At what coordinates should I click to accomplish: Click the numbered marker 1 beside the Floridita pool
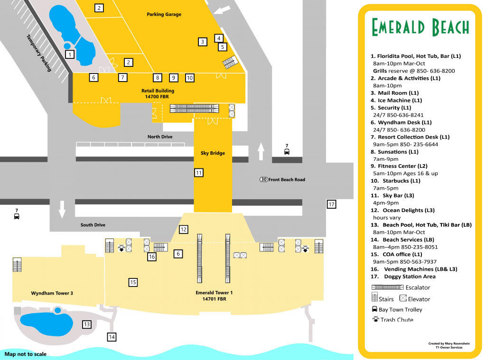[x=70, y=54]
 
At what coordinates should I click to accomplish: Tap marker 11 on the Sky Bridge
[x=199, y=173]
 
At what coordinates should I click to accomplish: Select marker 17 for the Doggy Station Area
[x=331, y=204]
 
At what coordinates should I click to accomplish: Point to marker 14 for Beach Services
[x=112, y=337]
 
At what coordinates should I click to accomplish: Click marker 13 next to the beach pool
[x=86, y=324]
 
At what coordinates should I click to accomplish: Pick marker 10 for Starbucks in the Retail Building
[x=189, y=77]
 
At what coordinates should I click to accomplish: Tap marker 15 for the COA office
[x=133, y=282]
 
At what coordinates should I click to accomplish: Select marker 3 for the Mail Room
[x=203, y=42]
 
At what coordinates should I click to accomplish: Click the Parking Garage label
[x=164, y=14]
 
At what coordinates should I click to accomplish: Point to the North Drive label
[x=159, y=137]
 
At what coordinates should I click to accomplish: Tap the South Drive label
[x=93, y=225]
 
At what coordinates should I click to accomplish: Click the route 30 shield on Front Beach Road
[x=263, y=180]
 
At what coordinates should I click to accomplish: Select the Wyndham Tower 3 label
[x=52, y=293]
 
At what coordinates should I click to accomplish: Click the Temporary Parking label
[x=39, y=53]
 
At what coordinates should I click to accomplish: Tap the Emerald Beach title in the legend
[x=420, y=28]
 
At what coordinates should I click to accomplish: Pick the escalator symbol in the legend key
[x=387, y=287]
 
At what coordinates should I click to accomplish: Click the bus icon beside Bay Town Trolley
[x=374, y=309]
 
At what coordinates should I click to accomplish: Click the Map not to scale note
[x=26, y=354]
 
